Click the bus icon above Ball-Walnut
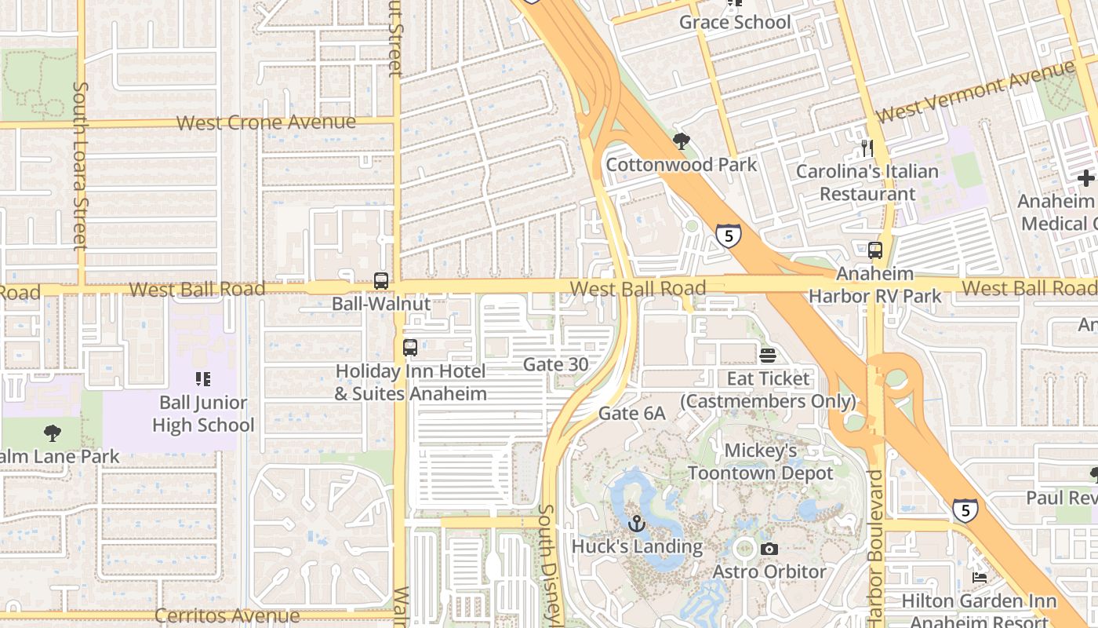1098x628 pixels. pyautogui.click(x=381, y=280)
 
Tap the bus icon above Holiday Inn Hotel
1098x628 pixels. pyautogui.click(x=410, y=348)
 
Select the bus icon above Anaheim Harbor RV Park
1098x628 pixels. pyautogui.click(x=875, y=250)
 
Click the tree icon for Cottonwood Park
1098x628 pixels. pyautogui.click(x=681, y=141)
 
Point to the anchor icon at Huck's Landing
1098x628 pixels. pyautogui.click(x=637, y=523)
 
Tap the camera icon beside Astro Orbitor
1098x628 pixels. pyautogui.click(x=769, y=549)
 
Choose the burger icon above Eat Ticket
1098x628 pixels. pyautogui.click(x=767, y=356)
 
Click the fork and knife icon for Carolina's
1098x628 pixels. pyautogui.click(x=867, y=148)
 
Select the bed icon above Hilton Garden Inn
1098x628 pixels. pyautogui.click(x=980, y=578)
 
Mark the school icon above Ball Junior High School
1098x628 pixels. pyautogui.click(x=203, y=380)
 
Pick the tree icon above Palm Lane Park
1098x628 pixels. pyautogui.click(x=52, y=433)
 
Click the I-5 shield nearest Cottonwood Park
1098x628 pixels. pyautogui.click(x=729, y=235)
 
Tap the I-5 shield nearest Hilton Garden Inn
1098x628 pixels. pyautogui.click(x=965, y=510)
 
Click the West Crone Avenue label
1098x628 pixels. pyautogui.click(x=266, y=122)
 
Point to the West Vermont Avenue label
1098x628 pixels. pyautogui.click(x=975, y=91)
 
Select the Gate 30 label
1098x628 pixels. pyautogui.click(x=555, y=364)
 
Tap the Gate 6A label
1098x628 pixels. pyautogui.click(x=631, y=413)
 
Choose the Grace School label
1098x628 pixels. pyautogui.click(x=735, y=22)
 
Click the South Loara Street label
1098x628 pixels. pyautogui.click(x=80, y=166)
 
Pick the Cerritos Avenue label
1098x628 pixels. pyautogui.click(x=227, y=615)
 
